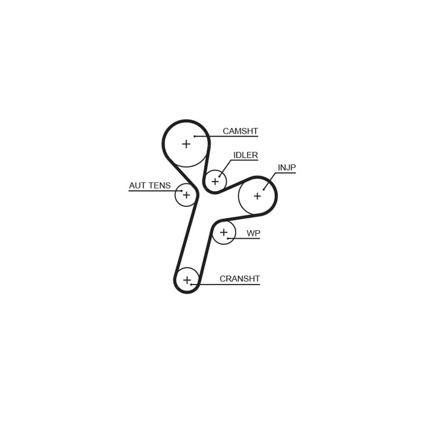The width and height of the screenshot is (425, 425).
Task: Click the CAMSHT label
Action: click(x=240, y=131)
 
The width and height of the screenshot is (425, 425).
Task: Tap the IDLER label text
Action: click(x=246, y=155)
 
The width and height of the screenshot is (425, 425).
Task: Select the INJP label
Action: click(x=287, y=167)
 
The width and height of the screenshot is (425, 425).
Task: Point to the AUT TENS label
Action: click(x=150, y=185)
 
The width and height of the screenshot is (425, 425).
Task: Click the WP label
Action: click(x=253, y=233)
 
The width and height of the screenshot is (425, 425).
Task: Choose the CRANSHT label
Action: click(x=240, y=279)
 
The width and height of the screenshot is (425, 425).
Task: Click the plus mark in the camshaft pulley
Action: click(x=186, y=144)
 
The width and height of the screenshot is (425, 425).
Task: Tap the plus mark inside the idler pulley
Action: click(x=215, y=181)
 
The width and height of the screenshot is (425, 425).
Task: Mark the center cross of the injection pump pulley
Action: click(x=257, y=196)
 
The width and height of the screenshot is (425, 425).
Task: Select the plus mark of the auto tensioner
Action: click(x=186, y=195)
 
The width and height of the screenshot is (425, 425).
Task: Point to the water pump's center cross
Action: click(x=224, y=232)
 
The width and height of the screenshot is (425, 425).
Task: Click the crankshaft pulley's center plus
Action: click(x=187, y=280)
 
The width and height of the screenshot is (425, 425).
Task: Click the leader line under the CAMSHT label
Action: click(x=227, y=136)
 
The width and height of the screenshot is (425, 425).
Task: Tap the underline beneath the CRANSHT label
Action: click(x=226, y=284)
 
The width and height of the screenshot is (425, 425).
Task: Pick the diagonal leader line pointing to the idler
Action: click(x=225, y=168)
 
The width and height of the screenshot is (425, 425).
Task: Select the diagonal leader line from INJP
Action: click(x=269, y=181)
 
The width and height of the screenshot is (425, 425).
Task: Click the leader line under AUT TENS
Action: click(x=155, y=191)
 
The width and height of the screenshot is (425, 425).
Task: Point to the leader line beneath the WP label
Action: click(x=244, y=238)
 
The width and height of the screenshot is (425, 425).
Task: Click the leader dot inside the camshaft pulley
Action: click(x=194, y=136)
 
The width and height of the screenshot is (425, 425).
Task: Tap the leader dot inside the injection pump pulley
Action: click(x=263, y=190)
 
